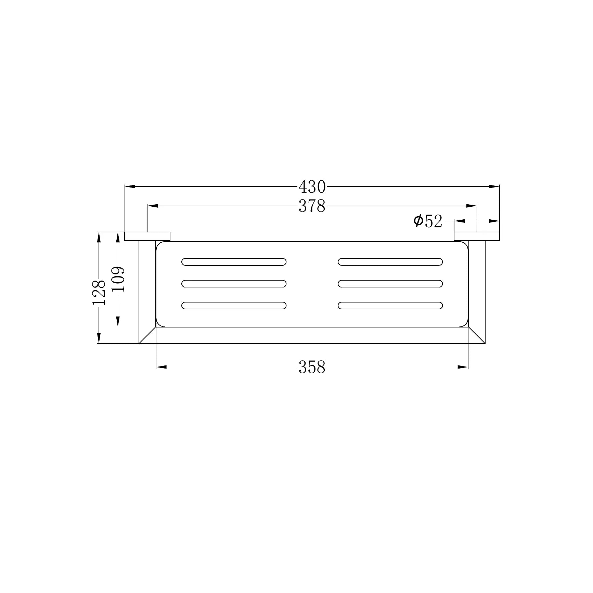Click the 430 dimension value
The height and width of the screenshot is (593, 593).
click(312, 187)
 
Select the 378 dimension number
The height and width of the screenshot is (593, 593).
click(312, 206)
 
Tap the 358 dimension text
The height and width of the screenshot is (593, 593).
click(312, 367)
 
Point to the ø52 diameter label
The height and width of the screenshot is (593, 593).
click(428, 221)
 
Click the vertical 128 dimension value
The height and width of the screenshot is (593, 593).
click(99, 293)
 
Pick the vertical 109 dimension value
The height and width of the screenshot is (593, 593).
click(118, 279)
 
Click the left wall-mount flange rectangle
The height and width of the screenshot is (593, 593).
click(147, 236)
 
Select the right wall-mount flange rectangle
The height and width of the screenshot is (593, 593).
click(477, 236)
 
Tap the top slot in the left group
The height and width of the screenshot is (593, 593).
click(234, 262)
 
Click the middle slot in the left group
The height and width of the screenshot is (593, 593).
click(234, 284)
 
